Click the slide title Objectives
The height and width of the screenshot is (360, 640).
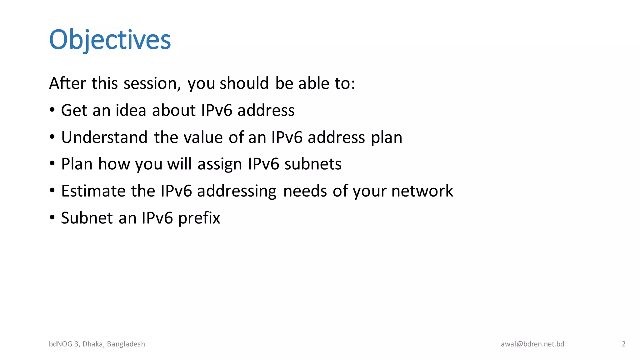(110, 40)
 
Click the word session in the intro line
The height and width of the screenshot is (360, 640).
(152, 83)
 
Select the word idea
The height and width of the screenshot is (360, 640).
(131, 110)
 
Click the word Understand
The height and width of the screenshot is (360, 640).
(104, 137)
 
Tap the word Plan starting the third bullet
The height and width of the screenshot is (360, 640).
(77, 164)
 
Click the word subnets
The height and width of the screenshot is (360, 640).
(313, 164)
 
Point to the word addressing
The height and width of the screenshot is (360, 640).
(237, 192)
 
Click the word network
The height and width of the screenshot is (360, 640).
(422, 191)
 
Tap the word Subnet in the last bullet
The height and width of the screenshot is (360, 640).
(87, 218)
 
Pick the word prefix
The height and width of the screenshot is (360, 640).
(199, 218)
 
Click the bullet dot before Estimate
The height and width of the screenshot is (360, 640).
(52, 190)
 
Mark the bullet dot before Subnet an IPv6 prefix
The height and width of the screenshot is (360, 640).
(52, 217)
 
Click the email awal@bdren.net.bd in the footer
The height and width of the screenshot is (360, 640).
(532, 344)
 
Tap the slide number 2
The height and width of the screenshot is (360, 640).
(624, 344)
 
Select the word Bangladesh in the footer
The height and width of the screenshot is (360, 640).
(126, 344)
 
